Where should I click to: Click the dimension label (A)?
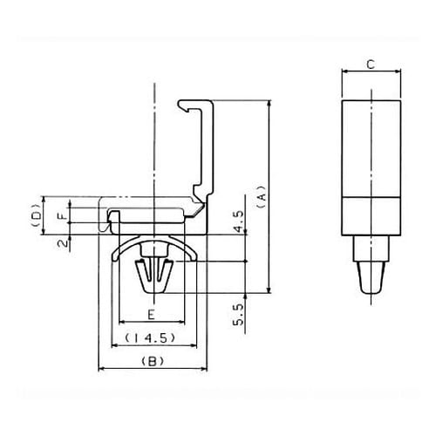tap(262, 196)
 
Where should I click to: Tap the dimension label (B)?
tap(153, 361)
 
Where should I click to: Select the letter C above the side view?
tap(371, 65)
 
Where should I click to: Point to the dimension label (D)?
tap(36, 215)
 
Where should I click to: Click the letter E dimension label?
tap(152, 315)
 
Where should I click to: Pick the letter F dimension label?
tap(63, 215)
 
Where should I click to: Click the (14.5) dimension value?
tap(150, 337)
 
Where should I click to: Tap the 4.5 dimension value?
tap(238, 221)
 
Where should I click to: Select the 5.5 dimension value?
tap(238, 315)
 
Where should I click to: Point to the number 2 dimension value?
tap(63, 242)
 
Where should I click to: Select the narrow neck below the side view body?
tap(371, 249)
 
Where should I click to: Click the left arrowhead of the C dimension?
tap(344, 72)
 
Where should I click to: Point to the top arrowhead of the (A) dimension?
tap(269, 104)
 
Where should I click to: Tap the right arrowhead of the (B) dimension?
tap(204, 369)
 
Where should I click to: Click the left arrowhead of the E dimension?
tap(123, 322)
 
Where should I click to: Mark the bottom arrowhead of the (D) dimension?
tap(44, 231)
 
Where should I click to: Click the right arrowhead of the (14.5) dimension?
tap(194, 345)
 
